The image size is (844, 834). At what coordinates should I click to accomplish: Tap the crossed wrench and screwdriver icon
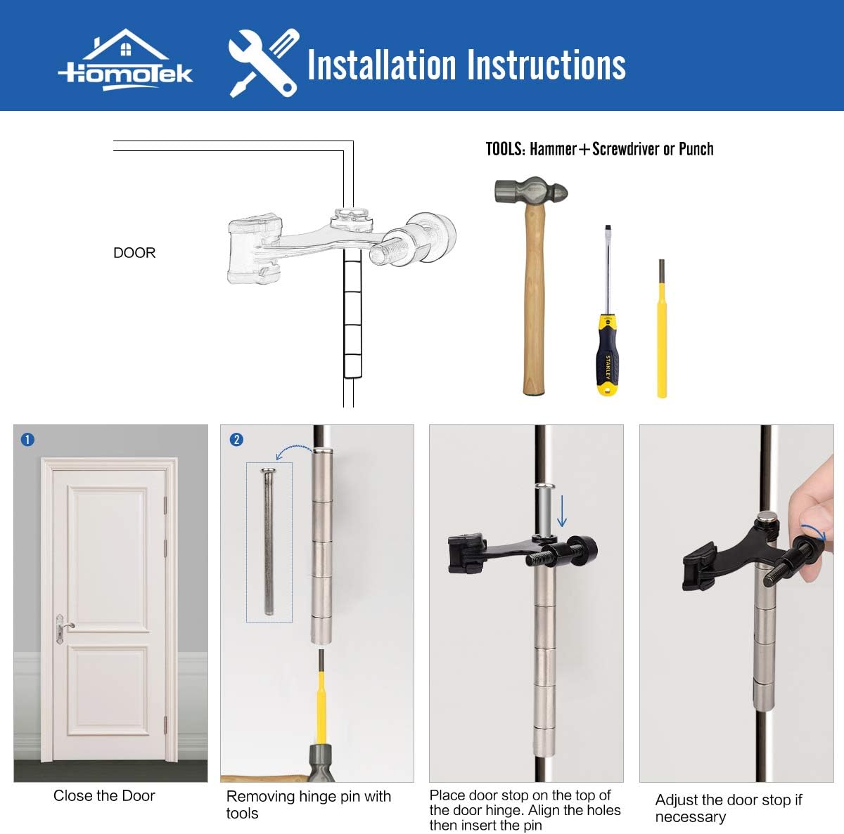pyautogui.click(x=264, y=63)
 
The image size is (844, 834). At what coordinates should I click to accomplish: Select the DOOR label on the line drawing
pyautogui.click(x=134, y=253)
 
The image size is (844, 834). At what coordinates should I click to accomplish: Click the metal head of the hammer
pyautogui.click(x=530, y=191)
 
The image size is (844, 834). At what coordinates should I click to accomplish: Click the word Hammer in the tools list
pyautogui.click(x=553, y=149)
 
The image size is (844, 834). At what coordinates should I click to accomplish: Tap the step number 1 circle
pyautogui.click(x=27, y=440)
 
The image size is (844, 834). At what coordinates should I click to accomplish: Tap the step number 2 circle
pyautogui.click(x=236, y=440)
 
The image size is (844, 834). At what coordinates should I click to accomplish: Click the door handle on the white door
pyautogui.click(x=64, y=625)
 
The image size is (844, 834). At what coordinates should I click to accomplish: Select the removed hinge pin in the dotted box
pyautogui.click(x=268, y=541)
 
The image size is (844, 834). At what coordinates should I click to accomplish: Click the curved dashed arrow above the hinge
pyautogui.click(x=293, y=450)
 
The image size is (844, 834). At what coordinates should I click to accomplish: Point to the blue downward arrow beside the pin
pyautogui.click(x=562, y=511)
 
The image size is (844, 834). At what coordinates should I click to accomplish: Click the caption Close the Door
pyautogui.click(x=104, y=796)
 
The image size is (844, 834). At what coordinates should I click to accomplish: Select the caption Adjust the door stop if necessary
pyautogui.click(x=728, y=808)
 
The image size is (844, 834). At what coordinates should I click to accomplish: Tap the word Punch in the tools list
pyautogui.click(x=696, y=149)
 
